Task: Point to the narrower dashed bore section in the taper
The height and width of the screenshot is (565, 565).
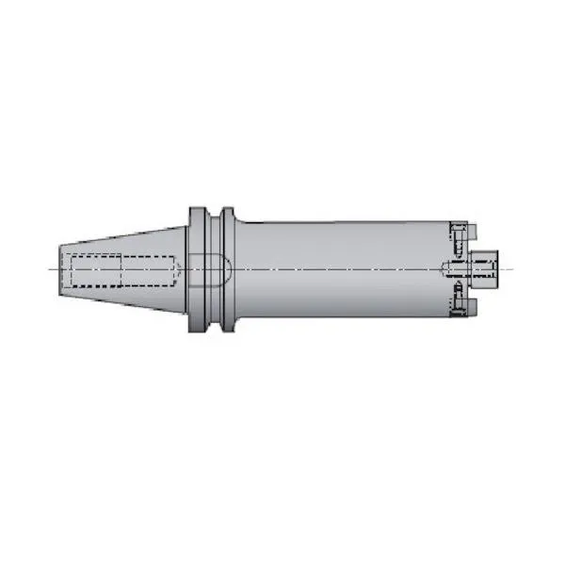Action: pyautogui.click(x=146, y=270)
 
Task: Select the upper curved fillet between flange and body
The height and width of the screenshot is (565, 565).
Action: pyautogui.click(x=240, y=223)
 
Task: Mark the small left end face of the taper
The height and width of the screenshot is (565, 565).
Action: pyautogui.click(x=60, y=270)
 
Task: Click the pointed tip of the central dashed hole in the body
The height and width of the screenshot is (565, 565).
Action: pyautogui.click(x=444, y=269)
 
